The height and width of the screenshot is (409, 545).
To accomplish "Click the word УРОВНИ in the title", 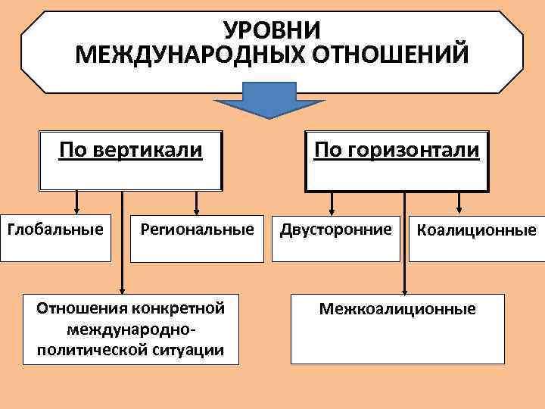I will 272,30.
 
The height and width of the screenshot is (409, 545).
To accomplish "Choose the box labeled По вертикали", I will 130,160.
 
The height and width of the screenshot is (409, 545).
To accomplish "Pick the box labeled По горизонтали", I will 397,160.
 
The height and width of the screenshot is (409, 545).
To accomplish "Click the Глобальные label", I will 55,228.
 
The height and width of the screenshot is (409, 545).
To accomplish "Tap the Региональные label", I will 197,228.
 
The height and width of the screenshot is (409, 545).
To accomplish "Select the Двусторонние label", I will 337,228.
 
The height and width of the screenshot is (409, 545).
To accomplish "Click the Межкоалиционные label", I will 397,308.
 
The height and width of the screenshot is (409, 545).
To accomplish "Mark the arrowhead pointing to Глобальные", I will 76,209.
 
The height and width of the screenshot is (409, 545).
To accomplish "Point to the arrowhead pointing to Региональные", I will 197,209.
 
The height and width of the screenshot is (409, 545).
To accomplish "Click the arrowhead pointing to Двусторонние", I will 331,209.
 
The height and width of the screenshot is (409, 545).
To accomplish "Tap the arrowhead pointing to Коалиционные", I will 459,209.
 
